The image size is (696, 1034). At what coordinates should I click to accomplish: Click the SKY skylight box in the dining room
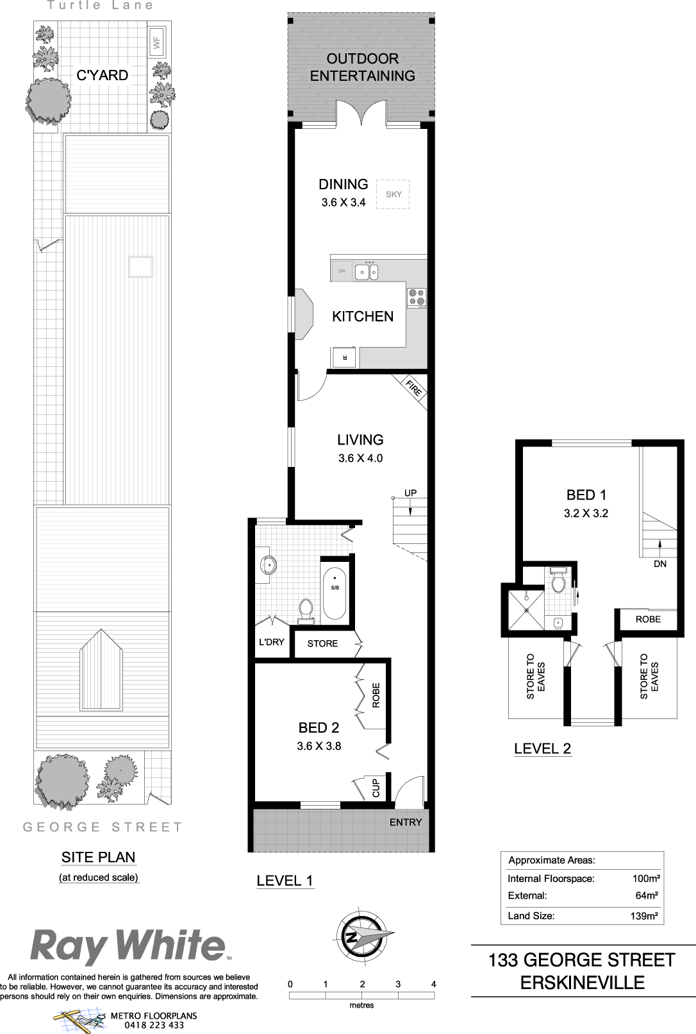point(392,194)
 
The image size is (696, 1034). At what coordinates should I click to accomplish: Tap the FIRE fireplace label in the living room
point(413,387)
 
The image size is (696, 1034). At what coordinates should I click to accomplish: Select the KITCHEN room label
point(363,317)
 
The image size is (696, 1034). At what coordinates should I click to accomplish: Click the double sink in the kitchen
point(367,271)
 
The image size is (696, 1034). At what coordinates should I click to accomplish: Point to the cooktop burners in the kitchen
point(417,297)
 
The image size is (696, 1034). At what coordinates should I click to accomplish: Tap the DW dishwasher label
point(342,271)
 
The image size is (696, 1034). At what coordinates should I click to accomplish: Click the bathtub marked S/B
point(335,593)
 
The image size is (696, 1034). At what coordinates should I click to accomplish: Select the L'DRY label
point(272,642)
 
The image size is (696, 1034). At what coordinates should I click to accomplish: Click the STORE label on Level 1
point(322,643)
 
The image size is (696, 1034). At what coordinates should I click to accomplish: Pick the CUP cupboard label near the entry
point(376,788)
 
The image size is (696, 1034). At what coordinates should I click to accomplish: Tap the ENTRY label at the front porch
point(406,822)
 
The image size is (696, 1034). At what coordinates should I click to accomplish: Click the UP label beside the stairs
point(411,493)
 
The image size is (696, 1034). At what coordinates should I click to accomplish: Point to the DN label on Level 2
point(660,564)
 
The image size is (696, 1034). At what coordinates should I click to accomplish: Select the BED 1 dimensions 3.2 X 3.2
point(586,513)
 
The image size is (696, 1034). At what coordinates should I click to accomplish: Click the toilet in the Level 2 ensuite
point(559,581)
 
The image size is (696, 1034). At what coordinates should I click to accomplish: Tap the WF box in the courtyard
point(157,43)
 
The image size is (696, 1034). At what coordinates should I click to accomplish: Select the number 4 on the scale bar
point(434,984)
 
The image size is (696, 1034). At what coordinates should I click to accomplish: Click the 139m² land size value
point(644,916)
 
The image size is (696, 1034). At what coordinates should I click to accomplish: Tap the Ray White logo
point(128,946)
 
